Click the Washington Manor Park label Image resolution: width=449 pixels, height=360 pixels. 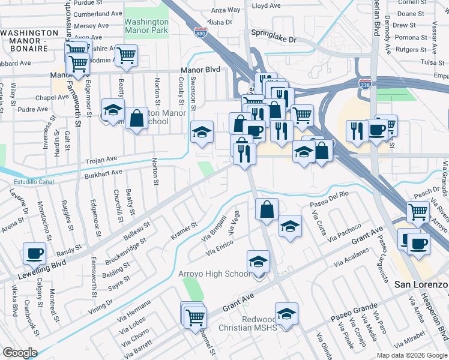point(146,25)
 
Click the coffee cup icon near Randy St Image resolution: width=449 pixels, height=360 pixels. point(34,253)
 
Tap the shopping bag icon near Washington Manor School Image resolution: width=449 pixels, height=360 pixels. point(137,118)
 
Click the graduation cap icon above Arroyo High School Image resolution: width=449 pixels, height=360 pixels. point(258,262)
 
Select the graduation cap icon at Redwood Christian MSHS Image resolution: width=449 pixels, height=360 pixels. point(286,314)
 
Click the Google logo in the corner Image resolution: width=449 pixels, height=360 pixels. point(19,352)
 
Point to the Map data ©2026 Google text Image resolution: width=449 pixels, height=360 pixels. point(412,355)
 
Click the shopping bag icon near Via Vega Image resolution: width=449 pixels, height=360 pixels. point(267,209)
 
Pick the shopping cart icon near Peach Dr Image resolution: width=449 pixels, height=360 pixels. point(418,212)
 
